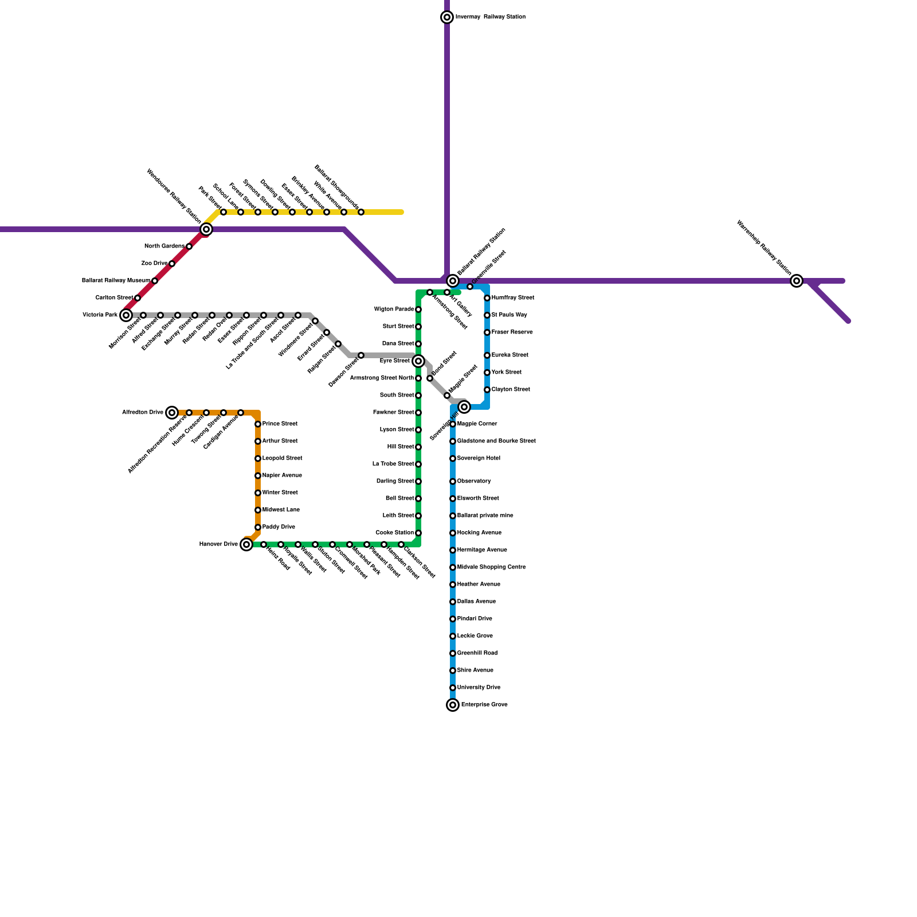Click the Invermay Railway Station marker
pos(447,17)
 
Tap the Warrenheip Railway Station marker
pos(797,281)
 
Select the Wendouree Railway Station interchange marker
pos(206,229)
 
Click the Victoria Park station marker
pos(126,315)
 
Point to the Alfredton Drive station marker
pos(172,413)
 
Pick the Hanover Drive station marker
pos(246,544)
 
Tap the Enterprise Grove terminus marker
pos(453,705)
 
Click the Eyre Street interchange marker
pos(418,361)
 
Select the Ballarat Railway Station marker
pos(453,281)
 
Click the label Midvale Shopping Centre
pos(491,567)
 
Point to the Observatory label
pos(474,481)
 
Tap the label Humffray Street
pos(512,298)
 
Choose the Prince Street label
pos(280,424)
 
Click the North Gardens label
pos(164,246)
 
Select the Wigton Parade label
pos(394,309)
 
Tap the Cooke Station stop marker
pos(418,533)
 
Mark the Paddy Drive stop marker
pos(258,527)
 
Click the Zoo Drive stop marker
pos(172,264)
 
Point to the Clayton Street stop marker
pos(487,390)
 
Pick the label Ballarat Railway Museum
pos(116,281)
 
